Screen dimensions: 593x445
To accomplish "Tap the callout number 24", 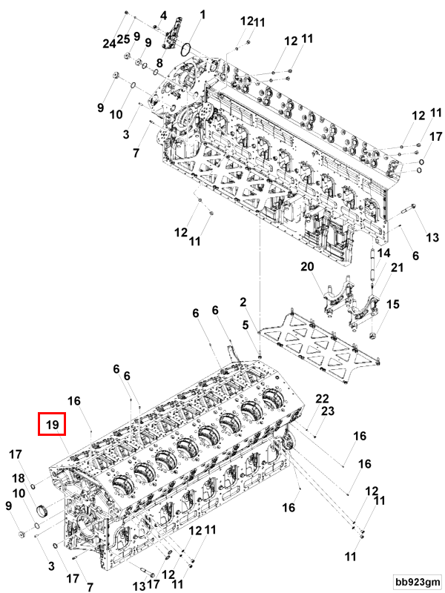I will [x=110, y=44].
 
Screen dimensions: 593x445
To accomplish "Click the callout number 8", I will [x=159, y=64].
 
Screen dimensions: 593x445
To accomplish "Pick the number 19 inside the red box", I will [x=52, y=425].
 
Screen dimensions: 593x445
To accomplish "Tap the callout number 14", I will [x=383, y=253].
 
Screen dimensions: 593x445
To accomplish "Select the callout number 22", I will [x=322, y=399].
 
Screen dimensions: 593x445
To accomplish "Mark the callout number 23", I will [x=327, y=411].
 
